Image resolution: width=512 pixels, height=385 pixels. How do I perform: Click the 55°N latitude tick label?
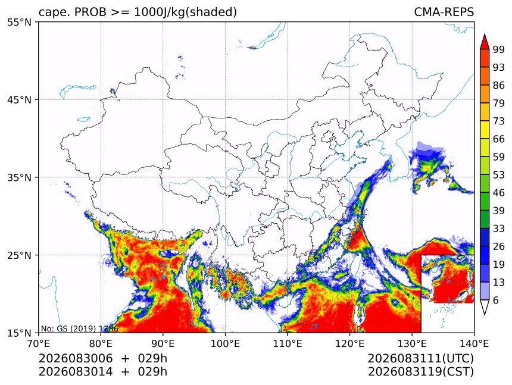pos(19,23)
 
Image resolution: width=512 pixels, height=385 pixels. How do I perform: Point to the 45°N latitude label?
pos(19,99)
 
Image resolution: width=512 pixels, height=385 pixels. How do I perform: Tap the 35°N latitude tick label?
pos(19,177)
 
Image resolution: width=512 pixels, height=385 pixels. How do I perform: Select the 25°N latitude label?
pos(19,255)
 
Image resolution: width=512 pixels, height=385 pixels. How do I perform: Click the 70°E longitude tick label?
pos(39,343)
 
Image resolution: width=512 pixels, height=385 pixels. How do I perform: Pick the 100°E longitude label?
pos(225,343)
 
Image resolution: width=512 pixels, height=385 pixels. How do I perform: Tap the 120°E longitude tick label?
pos(349,343)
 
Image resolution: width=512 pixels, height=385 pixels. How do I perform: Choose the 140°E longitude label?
pos(474,343)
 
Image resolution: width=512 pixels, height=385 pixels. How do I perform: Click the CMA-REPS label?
pos(444,12)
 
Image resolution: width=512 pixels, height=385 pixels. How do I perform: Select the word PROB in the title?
pos(90,12)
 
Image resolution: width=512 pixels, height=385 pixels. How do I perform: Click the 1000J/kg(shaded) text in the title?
pos(186,12)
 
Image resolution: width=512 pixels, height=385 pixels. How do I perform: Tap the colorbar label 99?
pos(499,49)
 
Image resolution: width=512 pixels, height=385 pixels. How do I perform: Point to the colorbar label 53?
pos(499,175)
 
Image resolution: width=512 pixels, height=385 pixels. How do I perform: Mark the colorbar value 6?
pos(496,300)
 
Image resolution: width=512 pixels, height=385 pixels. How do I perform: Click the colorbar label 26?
pos(499,247)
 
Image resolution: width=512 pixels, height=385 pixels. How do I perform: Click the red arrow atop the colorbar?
pos(485,42)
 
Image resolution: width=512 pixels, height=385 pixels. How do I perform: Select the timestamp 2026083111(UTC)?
pos(420,359)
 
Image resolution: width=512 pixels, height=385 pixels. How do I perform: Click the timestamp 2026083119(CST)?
pos(420,372)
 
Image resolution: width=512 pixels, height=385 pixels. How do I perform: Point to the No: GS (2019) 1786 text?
pos(79,328)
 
